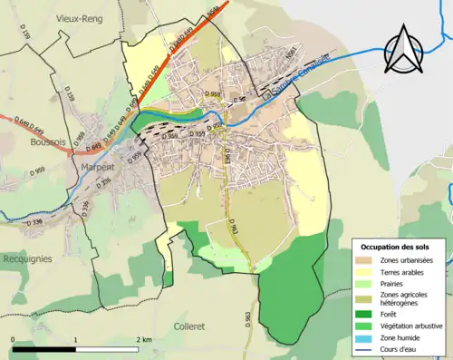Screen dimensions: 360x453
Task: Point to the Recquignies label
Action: click(26, 258)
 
